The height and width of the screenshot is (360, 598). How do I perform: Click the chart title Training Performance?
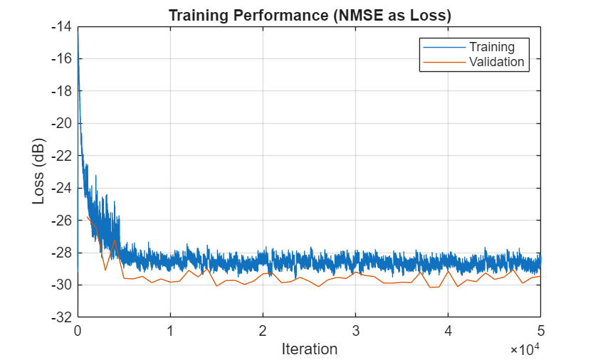(x=310, y=16)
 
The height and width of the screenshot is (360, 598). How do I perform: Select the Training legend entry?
(x=491, y=47)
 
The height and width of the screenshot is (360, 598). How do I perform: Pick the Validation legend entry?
(x=496, y=62)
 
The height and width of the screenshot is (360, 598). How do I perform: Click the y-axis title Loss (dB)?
(x=39, y=171)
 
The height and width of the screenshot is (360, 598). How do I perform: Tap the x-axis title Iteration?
(x=309, y=349)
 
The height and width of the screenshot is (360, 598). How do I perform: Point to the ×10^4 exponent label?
(x=525, y=350)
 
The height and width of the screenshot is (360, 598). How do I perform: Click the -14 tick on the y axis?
(x=62, y=26)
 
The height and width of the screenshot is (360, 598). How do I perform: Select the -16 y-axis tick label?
(x=62, y=58)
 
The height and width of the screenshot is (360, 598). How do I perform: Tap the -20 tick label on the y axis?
(x=62, y=123)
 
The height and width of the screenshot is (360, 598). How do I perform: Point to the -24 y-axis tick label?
(x=62, y=188)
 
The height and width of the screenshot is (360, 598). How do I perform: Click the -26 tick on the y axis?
(x=62, y=220)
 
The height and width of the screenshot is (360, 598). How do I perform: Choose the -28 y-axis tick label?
(x=62, y=253)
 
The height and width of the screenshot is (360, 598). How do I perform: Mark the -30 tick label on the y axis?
(x=62, y=285)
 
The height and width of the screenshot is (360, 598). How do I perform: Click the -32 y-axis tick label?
(x=62, y=317)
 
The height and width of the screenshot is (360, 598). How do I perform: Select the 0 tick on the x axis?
(x=78, y=330)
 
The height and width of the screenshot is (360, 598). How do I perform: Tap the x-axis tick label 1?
(x=170, y=330)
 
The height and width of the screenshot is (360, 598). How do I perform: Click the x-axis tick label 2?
(x=263, y=330)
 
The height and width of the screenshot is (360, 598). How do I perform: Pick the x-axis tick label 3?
(x=355, y=330)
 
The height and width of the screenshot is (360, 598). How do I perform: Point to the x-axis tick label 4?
(x=448, y=330)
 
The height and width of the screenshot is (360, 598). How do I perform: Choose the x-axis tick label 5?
(x=540, y=330)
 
